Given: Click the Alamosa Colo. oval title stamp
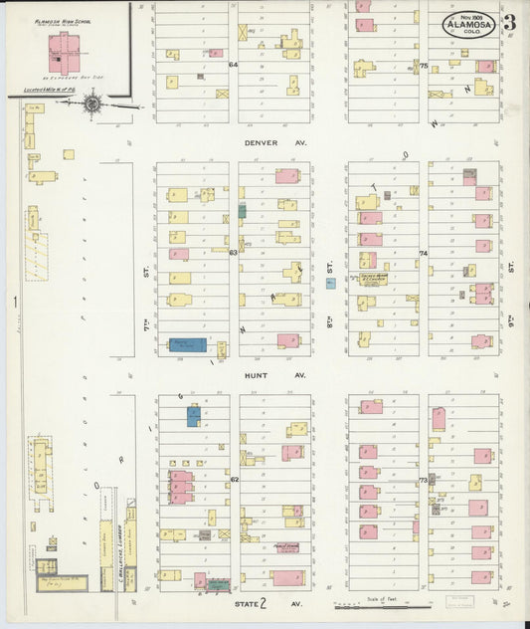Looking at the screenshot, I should (x=465, y=25).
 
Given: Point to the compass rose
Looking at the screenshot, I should (x=92, y=102).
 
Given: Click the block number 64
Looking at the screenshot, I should (x=235, y=65).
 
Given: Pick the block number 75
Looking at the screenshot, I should (x=424, y=67).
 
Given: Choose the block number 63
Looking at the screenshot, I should (x=235, y=253).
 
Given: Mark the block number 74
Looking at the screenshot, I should (x=424, y=254).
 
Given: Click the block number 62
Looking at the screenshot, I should (x=235, y=480).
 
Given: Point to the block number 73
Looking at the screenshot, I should (x=424, y=480).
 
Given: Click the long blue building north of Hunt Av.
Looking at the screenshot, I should (x=188, y=345).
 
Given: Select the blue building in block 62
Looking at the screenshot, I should (x=194, y=416).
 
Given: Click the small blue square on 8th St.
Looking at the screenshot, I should (x=330, y=284).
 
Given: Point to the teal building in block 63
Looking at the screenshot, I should (x=242, y=211).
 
